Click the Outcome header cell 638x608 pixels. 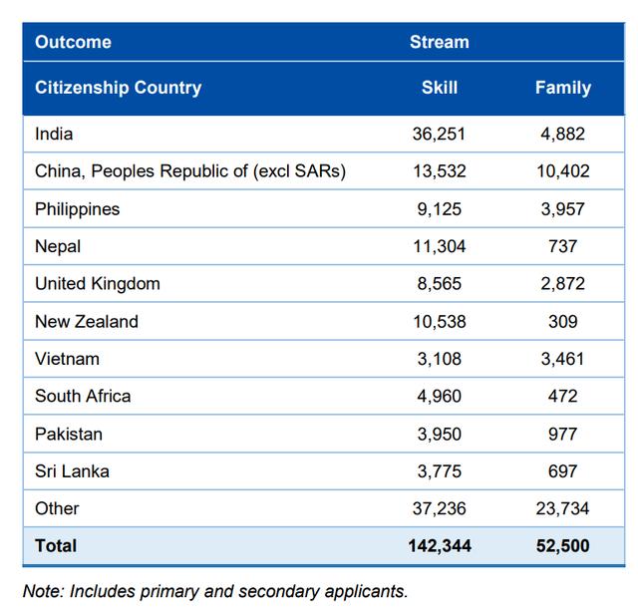point(73,42)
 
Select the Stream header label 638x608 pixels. point(439,42)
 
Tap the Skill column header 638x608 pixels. point(439,88)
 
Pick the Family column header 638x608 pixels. point(562,88)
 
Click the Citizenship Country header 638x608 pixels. point(118,88)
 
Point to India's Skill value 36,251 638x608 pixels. point(439,134)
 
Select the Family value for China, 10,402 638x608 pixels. point(562,171)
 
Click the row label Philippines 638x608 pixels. point(77,209)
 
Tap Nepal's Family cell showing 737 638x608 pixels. point(562,246)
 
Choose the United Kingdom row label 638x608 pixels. point(97,284)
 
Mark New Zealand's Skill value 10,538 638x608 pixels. point(439,322)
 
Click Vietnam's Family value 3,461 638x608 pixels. point(562,359)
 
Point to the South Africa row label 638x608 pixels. point(83,397)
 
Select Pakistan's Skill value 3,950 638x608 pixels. point(439,434)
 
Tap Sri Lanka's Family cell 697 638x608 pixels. point(562,471)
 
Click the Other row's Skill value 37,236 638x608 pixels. point(439,508)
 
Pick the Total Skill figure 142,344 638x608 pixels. point(439,546)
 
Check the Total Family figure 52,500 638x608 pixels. point(562,546)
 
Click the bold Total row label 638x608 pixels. point(56,546)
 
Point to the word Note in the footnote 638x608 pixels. point(41,590)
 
